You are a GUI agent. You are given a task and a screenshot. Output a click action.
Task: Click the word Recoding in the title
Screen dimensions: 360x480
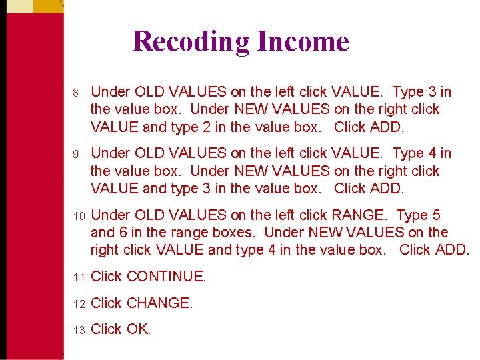191,41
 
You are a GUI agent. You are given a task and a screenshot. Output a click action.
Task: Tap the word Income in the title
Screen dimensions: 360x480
303,41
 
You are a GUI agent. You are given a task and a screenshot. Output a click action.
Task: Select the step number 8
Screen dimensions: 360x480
77,92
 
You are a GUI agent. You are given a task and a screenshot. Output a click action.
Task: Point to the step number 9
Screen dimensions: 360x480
77,154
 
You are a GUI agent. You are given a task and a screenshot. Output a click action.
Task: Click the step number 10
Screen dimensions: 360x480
79,216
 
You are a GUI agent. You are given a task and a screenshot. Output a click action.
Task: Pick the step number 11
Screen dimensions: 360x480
79,277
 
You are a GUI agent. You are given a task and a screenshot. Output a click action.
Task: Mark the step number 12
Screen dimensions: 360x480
79,303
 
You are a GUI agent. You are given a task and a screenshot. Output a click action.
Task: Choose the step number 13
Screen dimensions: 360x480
79,330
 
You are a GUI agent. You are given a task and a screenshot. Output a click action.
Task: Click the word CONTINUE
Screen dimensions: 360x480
166,276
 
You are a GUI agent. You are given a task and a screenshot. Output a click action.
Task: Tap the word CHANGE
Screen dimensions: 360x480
159,303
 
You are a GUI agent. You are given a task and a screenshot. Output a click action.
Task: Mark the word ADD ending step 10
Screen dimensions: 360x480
451,250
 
